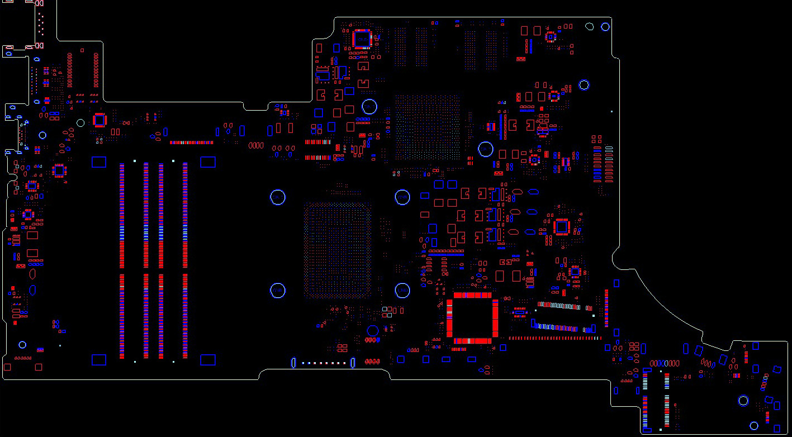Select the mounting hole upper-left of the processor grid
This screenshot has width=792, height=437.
(x=278, y=197)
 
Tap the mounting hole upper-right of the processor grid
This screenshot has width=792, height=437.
(x=402, y=197)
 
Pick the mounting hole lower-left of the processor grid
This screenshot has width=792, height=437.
(x=278, y=291)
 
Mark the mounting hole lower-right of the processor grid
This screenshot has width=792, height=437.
(x=402, y=291)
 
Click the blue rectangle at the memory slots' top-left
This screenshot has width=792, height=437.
(x=98, y=162)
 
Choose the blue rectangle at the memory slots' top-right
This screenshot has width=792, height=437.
(x=208, y=162)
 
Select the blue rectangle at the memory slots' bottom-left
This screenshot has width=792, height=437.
(x=98, y=359)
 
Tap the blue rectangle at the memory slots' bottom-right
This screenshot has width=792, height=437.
(x=208, y=359)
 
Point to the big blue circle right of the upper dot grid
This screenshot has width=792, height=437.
(x=486, y=149)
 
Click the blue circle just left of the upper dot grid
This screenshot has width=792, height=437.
(x=369, y=106)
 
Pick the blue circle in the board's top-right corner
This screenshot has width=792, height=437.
(x=605, y=27)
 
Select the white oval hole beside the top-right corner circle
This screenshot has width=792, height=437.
(x=590, y=26)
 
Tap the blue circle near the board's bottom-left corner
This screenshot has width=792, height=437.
(x=22, y=345)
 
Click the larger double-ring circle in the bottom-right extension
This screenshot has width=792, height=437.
(x=743, y=401)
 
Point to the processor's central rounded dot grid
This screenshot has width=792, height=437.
(x=338, y=250)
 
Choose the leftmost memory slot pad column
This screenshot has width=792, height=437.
(x=122, y=261)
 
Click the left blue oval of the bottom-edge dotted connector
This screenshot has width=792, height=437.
(x=293, y=363)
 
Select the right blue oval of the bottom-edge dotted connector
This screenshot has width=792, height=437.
(x=353, y=363)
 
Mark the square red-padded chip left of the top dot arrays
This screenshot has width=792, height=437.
(x=362, y=39)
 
